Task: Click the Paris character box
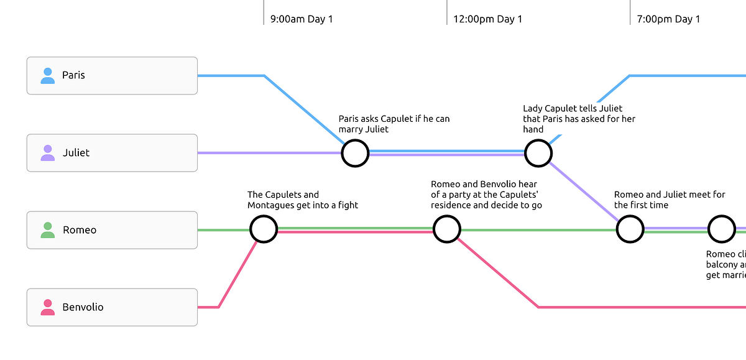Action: coord(112,76)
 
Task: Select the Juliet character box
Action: coord(112,153)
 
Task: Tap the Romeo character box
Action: coord(112,230)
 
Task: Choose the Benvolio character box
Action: coord(112,307)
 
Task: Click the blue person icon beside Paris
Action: coord(47,76)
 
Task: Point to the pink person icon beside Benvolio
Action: coord(47,307)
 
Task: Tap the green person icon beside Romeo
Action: coord(47,230)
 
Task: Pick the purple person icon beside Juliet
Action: coord(47,153)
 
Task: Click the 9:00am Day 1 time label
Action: coord(302,19)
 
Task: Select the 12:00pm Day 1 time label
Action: coord(487,19)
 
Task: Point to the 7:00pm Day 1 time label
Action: coord(668,19)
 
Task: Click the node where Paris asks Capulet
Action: coord(355,153)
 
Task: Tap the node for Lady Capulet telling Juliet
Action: coord(538,153)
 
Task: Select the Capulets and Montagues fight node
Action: coord(264,229)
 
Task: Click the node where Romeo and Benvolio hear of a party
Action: coord(446,229)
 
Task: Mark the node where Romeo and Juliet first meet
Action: coord(630,229)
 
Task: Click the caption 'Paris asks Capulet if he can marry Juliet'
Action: coord(394,124)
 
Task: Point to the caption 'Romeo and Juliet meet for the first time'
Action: coord(669,200)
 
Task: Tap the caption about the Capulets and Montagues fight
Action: coord(302,200)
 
